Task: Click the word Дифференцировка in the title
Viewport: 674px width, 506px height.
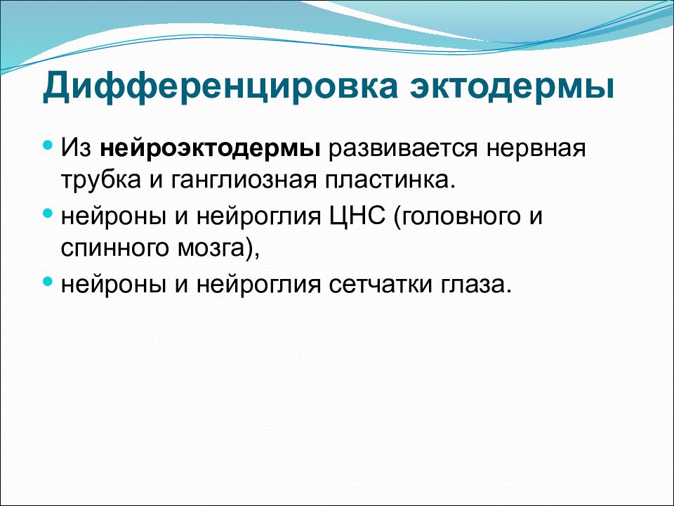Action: (x=220, y=87)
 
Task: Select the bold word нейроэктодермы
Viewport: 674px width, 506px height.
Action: (x=210, y=149)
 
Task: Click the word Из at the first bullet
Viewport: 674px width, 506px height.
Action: (x=77, y=148)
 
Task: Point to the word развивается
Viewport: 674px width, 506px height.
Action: (x=403, y=149)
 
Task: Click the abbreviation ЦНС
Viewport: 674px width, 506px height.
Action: (x=357, y=215)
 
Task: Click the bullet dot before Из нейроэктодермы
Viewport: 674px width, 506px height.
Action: (x=48, y=145)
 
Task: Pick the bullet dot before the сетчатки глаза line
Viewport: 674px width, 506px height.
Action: (x=48, y=281)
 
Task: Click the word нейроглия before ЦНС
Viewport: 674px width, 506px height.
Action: (x=259, y=217)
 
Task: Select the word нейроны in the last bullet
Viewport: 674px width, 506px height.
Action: (x=113, y=285)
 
